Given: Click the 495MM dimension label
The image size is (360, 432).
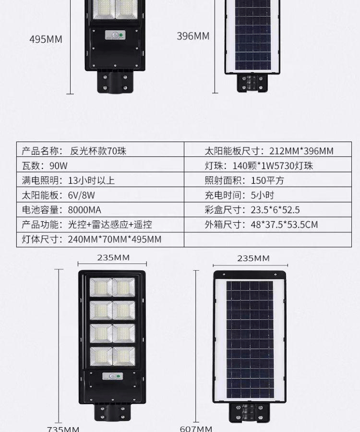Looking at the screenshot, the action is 46,39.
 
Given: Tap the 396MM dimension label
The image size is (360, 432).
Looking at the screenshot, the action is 193,36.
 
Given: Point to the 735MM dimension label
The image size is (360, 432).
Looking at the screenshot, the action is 63,429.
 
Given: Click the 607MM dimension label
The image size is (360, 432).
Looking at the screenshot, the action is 196,429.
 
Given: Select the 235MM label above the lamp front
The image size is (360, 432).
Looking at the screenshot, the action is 113,258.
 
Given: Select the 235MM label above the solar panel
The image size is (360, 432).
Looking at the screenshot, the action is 253,258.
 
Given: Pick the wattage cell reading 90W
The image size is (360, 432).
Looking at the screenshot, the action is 58,166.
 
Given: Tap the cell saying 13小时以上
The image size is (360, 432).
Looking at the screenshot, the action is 91,180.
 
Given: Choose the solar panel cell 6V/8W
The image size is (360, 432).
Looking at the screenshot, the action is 81,195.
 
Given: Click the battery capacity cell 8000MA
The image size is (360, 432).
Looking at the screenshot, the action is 84,210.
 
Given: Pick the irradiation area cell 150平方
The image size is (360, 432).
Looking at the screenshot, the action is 267,180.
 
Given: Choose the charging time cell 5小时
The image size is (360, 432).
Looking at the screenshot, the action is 262,195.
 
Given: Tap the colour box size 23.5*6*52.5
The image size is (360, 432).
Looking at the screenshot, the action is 275,210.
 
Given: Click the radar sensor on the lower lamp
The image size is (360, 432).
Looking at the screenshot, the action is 113,377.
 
